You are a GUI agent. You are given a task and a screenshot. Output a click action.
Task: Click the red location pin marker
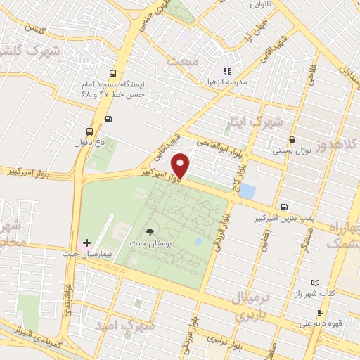181,165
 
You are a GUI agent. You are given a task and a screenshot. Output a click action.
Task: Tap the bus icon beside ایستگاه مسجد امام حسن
113,73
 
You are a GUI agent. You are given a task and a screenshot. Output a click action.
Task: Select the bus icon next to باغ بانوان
89,131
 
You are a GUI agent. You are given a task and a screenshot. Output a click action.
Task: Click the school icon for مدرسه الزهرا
226,71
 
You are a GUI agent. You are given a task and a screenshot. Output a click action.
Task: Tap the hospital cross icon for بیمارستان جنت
86,243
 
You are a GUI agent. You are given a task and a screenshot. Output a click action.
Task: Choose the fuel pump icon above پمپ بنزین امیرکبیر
283,207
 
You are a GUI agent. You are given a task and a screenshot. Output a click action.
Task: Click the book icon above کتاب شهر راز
314,281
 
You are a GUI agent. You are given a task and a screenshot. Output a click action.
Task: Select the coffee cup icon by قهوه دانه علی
321,312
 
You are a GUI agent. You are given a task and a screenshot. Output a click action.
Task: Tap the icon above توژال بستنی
292,139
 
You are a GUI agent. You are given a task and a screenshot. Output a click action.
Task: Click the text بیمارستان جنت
87,255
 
